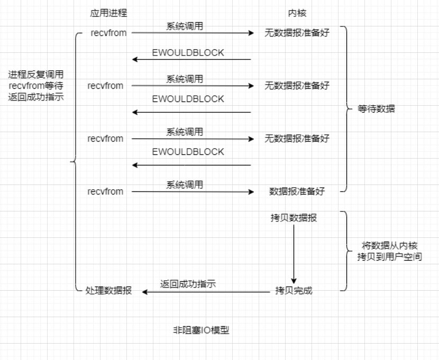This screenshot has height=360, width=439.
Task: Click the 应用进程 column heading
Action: point(109,12)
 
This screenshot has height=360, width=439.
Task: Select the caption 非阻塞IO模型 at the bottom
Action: point(201,330)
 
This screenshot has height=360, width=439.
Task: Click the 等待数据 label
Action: point(376,110)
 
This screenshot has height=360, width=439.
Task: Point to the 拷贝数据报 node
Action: point(294,218)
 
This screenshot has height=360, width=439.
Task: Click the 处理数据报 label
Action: point(108,290)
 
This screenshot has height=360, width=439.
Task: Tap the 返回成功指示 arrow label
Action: point(189,284)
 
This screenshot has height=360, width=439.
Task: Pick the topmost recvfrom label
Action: point(108,33)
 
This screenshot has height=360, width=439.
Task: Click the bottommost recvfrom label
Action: point(105,191)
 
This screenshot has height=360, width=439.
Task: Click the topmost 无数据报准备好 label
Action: point(297,33)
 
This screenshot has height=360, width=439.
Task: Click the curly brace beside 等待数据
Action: point(347,110)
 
